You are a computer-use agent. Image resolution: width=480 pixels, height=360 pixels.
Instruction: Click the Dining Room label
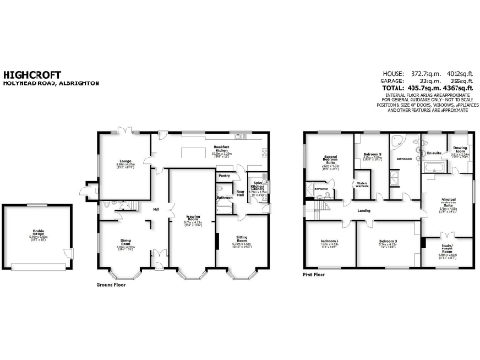[x=124, y=246]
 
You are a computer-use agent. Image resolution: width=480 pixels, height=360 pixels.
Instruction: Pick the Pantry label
[x=224, y=175]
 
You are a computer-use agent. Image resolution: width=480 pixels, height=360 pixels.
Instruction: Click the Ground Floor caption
[x=112, y=283]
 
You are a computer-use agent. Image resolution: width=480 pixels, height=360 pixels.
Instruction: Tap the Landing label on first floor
[x=364, y=210]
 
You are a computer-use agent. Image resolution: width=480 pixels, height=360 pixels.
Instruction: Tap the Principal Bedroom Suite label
[x=438, y=202]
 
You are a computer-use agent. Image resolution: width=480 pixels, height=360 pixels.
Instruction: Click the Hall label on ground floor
[x=157, y=208]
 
